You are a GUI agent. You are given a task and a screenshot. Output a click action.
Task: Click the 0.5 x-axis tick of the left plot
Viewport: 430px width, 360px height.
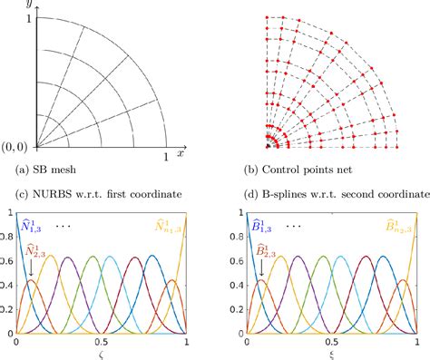tap(102, 343)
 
